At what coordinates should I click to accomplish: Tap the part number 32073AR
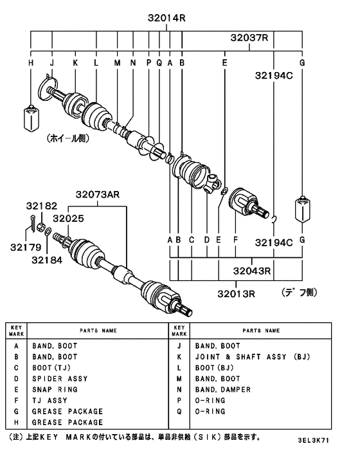tap(98, 194)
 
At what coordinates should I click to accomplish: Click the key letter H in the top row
tap(30, 63)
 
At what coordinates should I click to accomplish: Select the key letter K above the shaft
tap(75, 63)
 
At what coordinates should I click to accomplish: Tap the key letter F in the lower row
tap(235, 241)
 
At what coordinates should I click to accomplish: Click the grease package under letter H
tap(32, 116)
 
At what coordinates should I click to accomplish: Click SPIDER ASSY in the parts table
tap(60, 379)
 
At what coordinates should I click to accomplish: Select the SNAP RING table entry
tap(55, 390)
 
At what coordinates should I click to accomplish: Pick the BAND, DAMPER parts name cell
tap(222, 390)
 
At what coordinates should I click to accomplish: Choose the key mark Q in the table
tap(180, 411)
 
